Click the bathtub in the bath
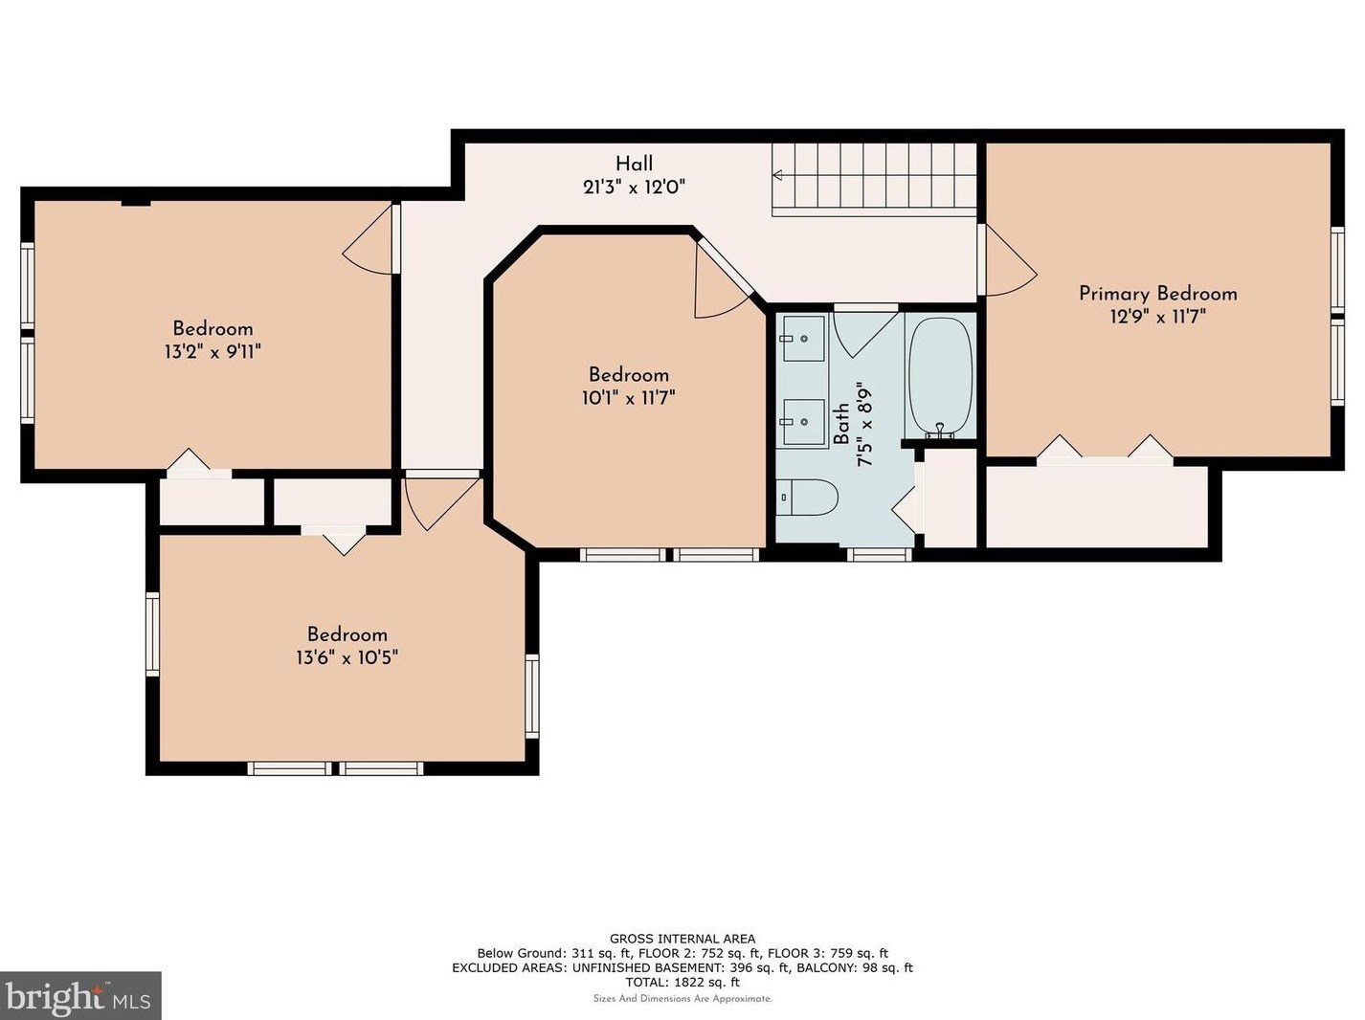click(x=940, y=375)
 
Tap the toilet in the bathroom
click(x=808, y=498)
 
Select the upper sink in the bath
click(x=803, y=339)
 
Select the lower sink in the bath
click(x=803, y=422)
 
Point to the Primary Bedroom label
click(x=1158, y=294)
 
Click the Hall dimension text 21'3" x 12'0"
click(x=634, y=188)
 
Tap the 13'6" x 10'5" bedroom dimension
click(x=347, y=657)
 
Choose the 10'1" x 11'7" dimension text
click(x=629, y=398)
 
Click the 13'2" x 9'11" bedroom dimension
click(x=213, y=352)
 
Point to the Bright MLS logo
click(x=80, y=995)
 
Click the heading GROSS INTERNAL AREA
click(x=682, y=940)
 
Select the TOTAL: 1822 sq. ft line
click(x=682, y=983)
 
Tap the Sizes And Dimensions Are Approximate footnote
click(x=682, y=999)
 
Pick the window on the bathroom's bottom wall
click(x=880, y=554)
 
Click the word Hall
click(x=635, y=164)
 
